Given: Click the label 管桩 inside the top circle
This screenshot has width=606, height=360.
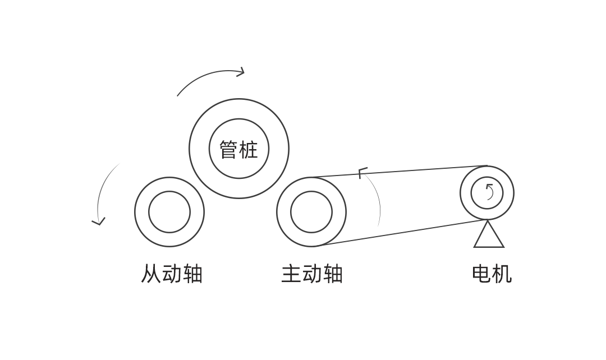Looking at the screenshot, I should (x=238, y=150).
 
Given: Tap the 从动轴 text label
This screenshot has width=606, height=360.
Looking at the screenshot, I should (x=171, y=274).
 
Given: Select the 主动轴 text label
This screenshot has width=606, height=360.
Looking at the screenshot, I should (x=311, y=274).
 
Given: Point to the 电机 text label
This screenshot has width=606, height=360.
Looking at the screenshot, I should (x=492, y=274).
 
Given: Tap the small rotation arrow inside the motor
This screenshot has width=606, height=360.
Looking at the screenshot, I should (x=489, y=192).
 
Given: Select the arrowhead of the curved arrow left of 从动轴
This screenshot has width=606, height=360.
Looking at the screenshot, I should (x=99, y=222).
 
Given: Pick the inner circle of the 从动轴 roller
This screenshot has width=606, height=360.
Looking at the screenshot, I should (x=169, y=212).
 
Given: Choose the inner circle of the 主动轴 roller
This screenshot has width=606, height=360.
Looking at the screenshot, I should (x=311, y=212).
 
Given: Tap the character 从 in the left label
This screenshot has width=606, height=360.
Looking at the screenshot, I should (x=150, y=274).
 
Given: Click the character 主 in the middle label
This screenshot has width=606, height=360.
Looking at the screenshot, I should (x=291, y=274).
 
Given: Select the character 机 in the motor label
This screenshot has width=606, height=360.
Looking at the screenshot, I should (x=502, y=274).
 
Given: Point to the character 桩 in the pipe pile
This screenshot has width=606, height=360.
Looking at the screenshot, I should (x=249, y=150).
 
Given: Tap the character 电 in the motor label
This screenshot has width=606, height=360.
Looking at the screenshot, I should (x=481, y=274).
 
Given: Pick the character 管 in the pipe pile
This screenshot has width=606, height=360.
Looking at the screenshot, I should (x=228, y=150).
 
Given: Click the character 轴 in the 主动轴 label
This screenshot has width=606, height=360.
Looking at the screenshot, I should (x=333, y=274).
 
